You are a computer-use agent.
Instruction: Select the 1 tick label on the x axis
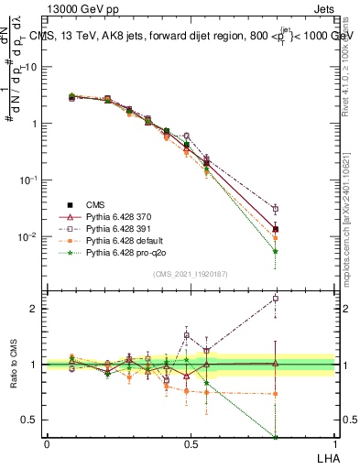click(333, 443)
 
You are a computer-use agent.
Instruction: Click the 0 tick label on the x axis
click(47, 443)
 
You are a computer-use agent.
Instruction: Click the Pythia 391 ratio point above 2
click(276, 299)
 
